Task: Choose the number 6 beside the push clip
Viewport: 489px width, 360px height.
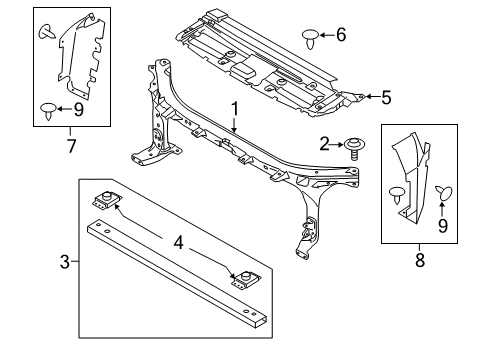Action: tap(341, 36)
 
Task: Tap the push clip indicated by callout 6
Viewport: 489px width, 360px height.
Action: tap(312, 38)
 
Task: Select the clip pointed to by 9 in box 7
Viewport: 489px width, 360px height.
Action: tap(48, 109)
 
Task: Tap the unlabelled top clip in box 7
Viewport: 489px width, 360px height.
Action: tap(45, 33)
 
